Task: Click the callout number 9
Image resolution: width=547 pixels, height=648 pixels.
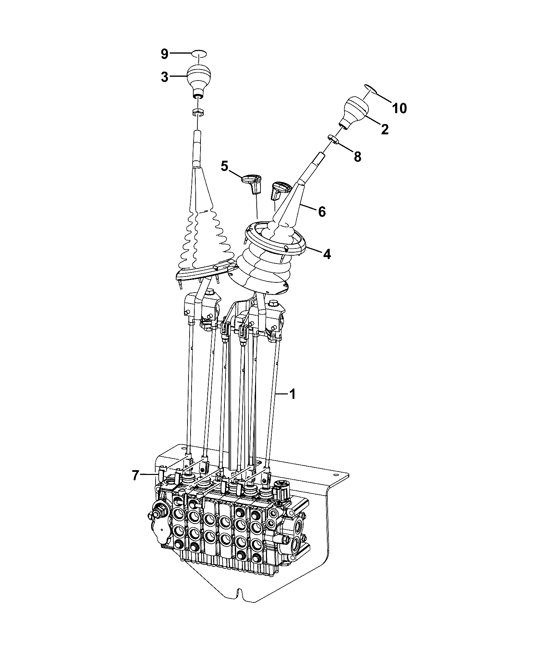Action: coord(165,54)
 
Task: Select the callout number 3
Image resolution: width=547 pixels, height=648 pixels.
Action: coord(165,77)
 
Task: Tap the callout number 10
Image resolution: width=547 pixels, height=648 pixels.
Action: coord(399,108)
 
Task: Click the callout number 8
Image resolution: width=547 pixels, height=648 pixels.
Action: coord(357,157)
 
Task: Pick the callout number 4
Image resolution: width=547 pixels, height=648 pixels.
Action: coord(327,254)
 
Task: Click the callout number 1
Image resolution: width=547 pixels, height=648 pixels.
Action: coord(292,394)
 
